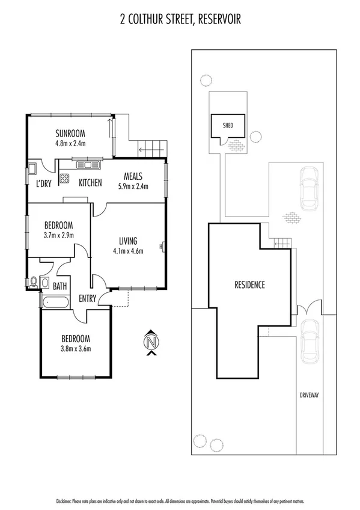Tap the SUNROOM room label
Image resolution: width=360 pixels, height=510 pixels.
point(70,134)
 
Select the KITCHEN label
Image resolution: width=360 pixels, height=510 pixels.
point(90,183)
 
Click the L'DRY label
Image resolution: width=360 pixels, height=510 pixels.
point(43,183)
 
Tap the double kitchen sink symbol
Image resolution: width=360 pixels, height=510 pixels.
point(88,164)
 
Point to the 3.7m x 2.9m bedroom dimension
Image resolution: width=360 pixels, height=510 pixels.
point(58,235)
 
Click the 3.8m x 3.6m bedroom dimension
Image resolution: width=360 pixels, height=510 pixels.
point(75,348)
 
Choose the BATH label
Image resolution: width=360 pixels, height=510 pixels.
point(60,287)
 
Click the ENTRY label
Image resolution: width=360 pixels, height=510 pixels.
point(88,298)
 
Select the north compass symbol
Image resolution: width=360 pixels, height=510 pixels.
point(152,343)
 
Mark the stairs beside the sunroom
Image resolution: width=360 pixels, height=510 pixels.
point(150,146)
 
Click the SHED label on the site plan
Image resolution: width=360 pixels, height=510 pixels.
point(228,126)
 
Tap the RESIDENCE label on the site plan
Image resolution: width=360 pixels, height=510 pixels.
point(249,285)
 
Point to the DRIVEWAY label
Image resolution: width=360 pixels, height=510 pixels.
point(310,395)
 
